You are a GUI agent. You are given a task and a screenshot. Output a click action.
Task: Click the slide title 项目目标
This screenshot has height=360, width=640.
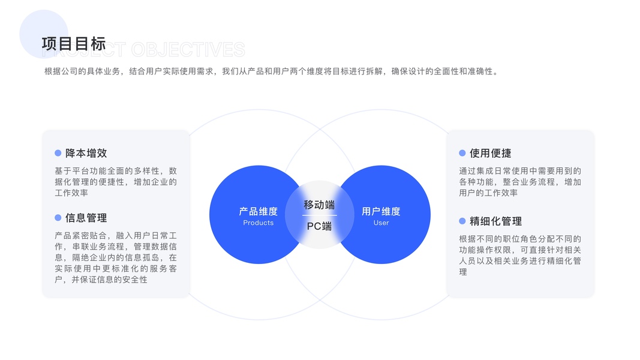pyautogui.click(x=74, y=44)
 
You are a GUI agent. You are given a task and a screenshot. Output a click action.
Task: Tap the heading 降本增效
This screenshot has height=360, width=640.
pyautogui.click(x=86, y=153)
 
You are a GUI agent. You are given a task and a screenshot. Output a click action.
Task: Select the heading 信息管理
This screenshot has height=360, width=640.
pyautogui.click(x=86, y=218)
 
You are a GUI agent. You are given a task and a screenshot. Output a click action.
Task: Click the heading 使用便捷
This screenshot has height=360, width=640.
pyautogui.click(x=490, y=153)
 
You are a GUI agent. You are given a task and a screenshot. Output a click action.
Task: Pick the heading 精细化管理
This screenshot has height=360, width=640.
pyautogui.click(x=495, y=221)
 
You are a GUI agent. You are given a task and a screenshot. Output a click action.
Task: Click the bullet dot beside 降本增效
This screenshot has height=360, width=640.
pyautogui.click(x=58, y=153)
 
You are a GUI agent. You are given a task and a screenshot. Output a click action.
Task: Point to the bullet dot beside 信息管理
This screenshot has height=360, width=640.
pyautogui.click(x=58, y=218)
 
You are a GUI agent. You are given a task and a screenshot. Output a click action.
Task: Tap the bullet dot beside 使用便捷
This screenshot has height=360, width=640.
pyautogui.click(x=462, y=153)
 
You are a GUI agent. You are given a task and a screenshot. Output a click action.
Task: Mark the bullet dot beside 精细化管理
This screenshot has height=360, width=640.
pyautogui.click(x=462, y=221)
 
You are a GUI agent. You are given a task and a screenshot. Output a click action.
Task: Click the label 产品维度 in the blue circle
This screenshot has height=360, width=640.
pyautogui.click(x=258, y=211)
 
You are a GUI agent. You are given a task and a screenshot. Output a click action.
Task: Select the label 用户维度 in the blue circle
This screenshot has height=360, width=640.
pyautogui.click(x=381, y=211)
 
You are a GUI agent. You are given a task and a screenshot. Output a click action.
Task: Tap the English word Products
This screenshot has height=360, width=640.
pyautogui.click(x=258, y=223)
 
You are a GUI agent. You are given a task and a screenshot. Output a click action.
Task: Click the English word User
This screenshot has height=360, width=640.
pyautogui.click(x=381, y=223)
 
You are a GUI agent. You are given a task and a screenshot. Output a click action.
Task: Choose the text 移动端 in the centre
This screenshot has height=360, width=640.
pyautogui.click(x=319, y=205)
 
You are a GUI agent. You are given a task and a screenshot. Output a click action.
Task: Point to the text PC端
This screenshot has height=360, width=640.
pyautogui.click(x=319, y=226)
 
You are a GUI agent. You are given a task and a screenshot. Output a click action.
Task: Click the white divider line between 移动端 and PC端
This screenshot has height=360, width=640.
pyautogui.click(x=319, y=215)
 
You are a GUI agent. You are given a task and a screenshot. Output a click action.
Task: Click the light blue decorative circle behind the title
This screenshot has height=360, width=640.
pyautogui.click(x=36, y=24)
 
